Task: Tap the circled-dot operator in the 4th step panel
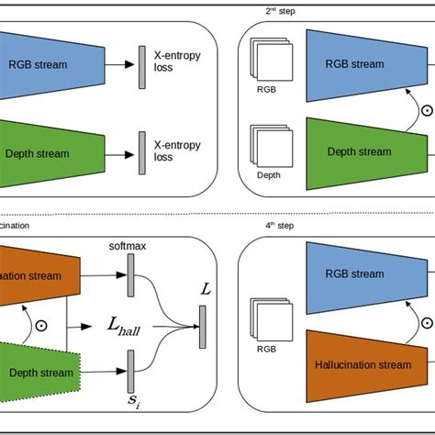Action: point(426,322)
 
